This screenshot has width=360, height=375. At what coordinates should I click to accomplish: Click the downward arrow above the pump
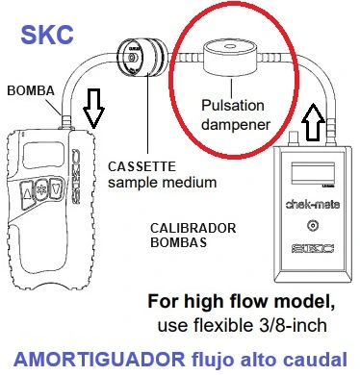93,110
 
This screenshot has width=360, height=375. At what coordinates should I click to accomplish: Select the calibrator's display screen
311,177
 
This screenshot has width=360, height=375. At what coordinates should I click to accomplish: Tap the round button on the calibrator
311,227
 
